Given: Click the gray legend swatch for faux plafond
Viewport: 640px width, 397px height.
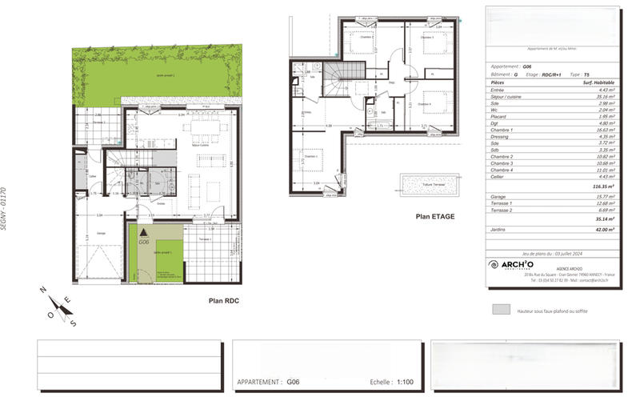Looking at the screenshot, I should click(x=502, y=309).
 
